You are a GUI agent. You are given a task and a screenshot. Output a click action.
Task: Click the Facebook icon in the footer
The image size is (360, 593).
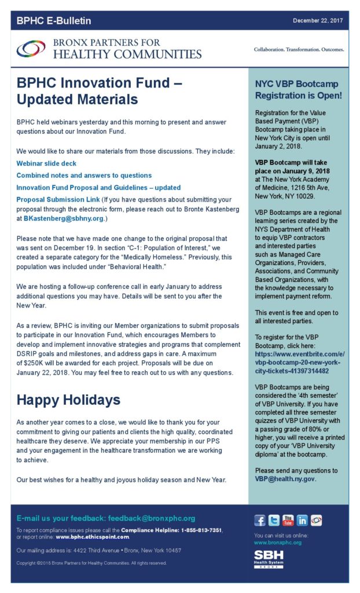click(x=260, y=520)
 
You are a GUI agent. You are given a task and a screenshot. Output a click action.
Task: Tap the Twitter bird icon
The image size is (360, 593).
click(x=274, y=520)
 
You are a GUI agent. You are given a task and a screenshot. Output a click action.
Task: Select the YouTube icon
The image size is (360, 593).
click(x=288, y=520)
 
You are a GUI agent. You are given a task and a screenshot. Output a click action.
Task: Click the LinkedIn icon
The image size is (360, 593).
click(x=302, y=520)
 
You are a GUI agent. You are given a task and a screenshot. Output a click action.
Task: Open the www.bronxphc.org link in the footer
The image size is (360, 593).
click(x=277, y=543)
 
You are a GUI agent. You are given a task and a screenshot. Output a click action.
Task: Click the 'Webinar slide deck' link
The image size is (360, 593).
click(x=46, y=163)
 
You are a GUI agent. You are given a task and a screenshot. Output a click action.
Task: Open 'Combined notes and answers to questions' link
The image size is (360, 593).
click(x=84, y=175)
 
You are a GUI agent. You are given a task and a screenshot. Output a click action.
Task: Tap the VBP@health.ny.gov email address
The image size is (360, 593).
click(x=285, y=479)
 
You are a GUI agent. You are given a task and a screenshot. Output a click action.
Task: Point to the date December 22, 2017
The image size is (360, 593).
click(x=318, y=21)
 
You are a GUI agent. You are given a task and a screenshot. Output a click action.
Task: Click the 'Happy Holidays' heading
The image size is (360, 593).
click(x=68, y=400)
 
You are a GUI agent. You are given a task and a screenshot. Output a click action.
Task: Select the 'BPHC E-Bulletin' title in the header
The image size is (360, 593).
click(x=54, y=21)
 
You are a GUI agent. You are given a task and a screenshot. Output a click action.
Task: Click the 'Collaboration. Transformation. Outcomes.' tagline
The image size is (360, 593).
click(x=299, y=50)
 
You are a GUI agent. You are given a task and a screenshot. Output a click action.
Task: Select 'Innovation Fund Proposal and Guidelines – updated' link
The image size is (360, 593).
click(x=98, y=188)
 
